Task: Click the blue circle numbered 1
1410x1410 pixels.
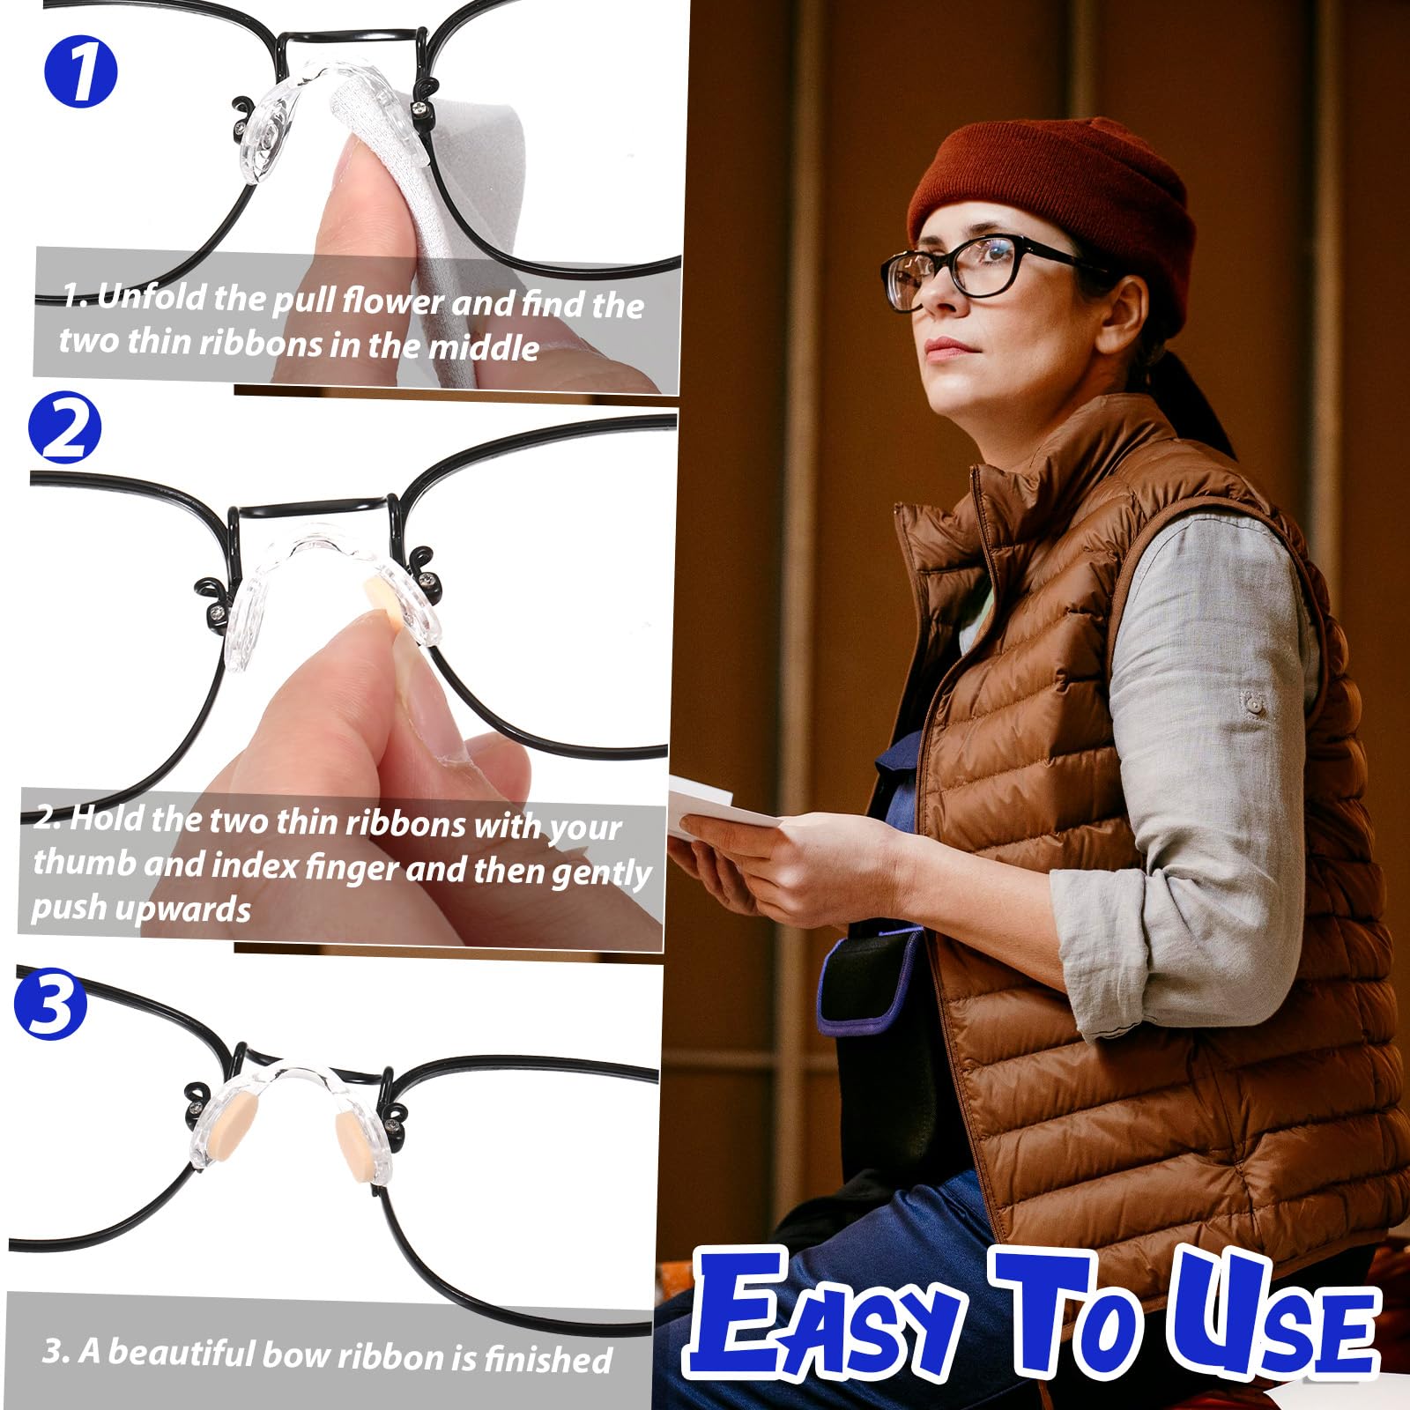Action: (x=80, y=72)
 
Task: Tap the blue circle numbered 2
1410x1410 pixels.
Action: (x=64, y=428)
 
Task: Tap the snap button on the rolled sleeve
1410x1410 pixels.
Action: (x=1250, y=702)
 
